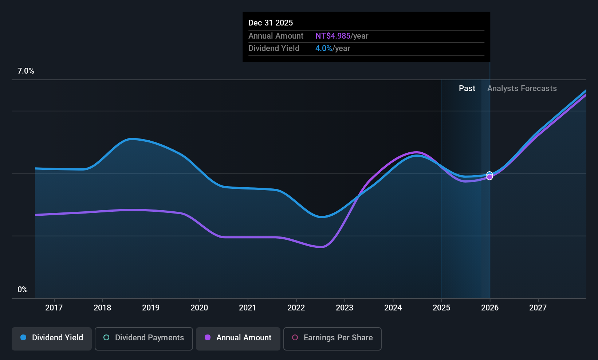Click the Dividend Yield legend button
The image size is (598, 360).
pyautogui.click(x=52, y=338)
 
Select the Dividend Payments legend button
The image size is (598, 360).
pyautogui.click(x=143, y=338)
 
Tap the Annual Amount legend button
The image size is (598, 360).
pyautogui.click(x=238, y=338)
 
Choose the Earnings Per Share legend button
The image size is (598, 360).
pyautogui.click(x=332, y=338)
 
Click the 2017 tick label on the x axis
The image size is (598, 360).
pyautogui.click(x=54, y=308)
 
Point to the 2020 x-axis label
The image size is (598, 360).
pyautogui.click(x=199, y=308)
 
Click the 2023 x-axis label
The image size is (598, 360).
pyautogui.click(x=345, y=308)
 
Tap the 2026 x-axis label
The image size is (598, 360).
pyautogui.click(x=490, y=308)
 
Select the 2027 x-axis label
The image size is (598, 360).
pyautogui.click(x=538, y=308)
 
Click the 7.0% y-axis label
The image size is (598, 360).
pyautogui.click(x=26, y=71)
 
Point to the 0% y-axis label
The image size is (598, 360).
pyautogui.click(x=23, y=290)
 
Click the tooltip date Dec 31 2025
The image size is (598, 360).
pyautogui.click(x=271, y=23)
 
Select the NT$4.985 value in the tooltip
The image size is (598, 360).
pyautogui.click(x=333, y=36)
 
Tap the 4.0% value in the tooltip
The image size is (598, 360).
pyautogui.click(x=324, y=48)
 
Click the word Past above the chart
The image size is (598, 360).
pyautogui.click(x=467, y=89)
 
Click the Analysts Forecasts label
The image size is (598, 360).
pyautogui.click(x=522, y=89)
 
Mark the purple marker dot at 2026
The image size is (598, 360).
pyautogui.click(x=489, y=177)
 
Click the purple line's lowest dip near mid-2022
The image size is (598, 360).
pyautogui.click(x=321, y=247)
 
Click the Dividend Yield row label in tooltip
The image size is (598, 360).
pyautogui.click(x=274, y=48)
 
